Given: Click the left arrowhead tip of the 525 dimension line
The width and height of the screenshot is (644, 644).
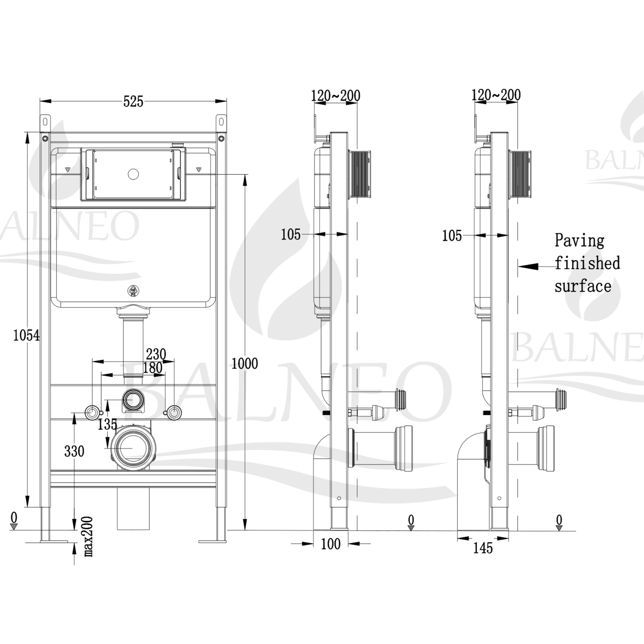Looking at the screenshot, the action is [x=40, y=101].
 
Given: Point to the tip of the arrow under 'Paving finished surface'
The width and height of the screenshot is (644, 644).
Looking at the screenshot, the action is [x=518, y=266].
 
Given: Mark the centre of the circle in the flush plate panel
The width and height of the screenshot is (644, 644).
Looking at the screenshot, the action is [x=133, y=174].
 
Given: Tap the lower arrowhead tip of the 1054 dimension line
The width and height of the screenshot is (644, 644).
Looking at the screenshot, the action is [x=27, y=507].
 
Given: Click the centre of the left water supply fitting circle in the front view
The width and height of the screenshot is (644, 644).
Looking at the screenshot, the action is [x=92, y=413].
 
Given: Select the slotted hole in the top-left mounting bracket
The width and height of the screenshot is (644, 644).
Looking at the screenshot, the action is [x=45, y=122].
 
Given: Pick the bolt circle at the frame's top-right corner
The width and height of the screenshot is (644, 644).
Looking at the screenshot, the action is [x=221, y=139].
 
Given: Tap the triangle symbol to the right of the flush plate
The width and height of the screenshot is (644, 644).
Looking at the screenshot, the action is [x=198, y=170].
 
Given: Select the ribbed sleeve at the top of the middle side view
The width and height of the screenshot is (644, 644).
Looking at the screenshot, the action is [x=359, y=174].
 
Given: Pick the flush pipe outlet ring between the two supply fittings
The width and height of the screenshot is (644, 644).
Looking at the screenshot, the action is [x=133, y=400].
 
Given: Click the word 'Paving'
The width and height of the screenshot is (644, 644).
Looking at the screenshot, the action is [x=580, y=241].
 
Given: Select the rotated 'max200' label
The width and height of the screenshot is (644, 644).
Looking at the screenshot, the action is [x=89, y=537].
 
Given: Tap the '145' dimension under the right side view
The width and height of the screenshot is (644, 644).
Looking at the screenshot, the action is [x=483, y=548].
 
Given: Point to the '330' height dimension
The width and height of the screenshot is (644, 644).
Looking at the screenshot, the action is [x=74, y=452].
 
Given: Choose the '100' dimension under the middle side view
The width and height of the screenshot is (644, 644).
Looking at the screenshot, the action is [x=331, y=544].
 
